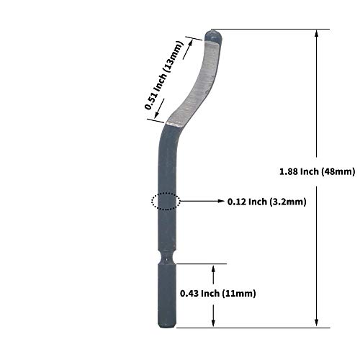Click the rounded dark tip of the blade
click(x=214, y=34)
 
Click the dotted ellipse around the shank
click(x=166, y=202)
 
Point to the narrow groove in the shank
click(x=166, y=256)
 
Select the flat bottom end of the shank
click(x=166, y=326)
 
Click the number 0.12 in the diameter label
click(x=237, y=202)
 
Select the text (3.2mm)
click(x=287, y=202)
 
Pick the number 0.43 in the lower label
click(x=190, y=294)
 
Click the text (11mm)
click(x=238, y=294)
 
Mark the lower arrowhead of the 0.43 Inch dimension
click(x=213, y=323)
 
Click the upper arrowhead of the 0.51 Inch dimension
click(x=194, y=42)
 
